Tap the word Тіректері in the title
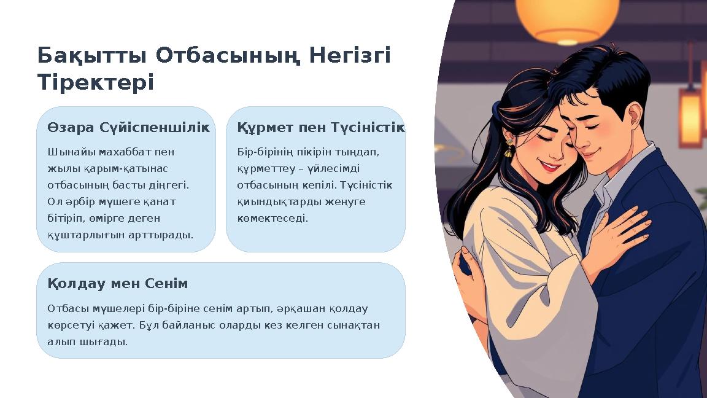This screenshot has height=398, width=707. pos(95,83)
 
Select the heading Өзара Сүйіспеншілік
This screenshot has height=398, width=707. pos(128,128)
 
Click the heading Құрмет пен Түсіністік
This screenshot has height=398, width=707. pos(320,128)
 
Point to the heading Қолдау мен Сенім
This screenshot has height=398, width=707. pos(118,284)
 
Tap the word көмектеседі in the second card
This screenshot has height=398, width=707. pos(272,218)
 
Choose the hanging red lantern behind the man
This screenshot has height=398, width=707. pos(690,117)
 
